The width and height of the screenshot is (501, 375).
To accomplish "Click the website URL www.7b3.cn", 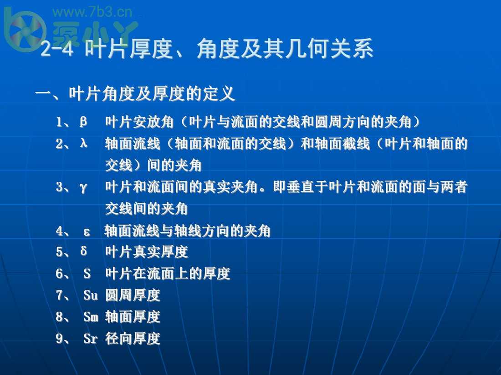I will pyautogui.click(x=92, y=12).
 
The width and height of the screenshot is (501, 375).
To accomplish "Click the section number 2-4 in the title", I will pyautogui.click(x=57, y=50).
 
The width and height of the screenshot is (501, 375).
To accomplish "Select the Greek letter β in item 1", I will pyautogui.click(x=83, y=121).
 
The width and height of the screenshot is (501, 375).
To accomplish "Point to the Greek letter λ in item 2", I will pyautogui.click(x=83, y=143).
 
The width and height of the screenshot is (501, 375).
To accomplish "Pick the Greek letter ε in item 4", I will pyautogui.click(x=87, y=232).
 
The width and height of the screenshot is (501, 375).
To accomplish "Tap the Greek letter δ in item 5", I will pyautogui.click(x=83, y=251).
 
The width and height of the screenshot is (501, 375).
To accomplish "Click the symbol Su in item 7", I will pyautogui.click(x=91, y=295).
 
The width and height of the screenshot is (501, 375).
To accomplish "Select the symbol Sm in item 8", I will pyautogui.click(x=91, y=317).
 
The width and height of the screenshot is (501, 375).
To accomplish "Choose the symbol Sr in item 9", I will pyautogui.click(x=91, y=339).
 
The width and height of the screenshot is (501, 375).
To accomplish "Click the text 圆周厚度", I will pyautogui.click(x=133, y=295).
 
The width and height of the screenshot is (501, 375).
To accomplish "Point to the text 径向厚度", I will pyautogui.click(x=133, y=339).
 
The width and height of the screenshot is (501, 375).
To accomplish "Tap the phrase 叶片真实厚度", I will pyautogui.click(x=146, y=252).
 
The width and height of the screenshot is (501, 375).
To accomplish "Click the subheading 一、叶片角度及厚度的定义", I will pyautogui.click(x=135, y=94).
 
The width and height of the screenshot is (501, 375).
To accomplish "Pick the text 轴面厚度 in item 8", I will pyautogui.click(x=133, y=317).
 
